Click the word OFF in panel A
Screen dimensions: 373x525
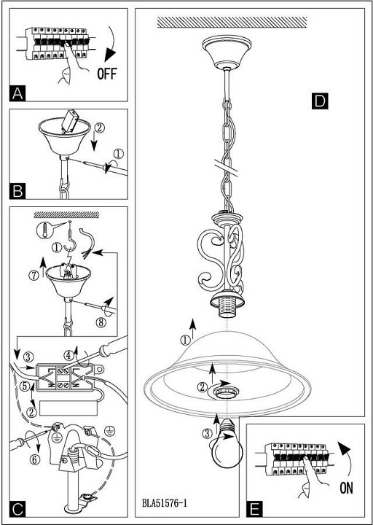[107, 74]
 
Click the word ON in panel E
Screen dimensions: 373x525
[346, 489]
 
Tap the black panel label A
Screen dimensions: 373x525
[17, 93]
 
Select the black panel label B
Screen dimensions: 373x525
[17, 192]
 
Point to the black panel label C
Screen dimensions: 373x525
[17, 510]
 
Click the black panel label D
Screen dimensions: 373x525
[320, 101]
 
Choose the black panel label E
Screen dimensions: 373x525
[254, 510]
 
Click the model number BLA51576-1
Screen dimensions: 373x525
[164, 503]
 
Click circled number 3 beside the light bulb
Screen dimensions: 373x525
[207, 434]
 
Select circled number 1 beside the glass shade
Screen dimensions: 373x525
[185, 341]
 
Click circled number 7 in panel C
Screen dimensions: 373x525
[34, 276]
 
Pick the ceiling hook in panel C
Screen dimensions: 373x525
[70, 241]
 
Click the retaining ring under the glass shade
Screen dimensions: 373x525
[224, 393]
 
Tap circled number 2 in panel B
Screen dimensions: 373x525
[98, 128]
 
